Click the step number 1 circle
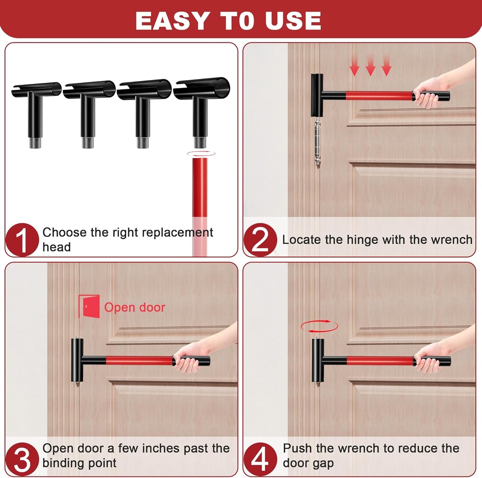pyautogui.click(x=22, y=240)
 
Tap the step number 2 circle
pyautogui.click(x=260, y=240)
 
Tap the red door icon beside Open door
pyautogui.click(x=89, y=307)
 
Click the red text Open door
pyautogui.click(x=135, y=308)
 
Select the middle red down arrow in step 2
pyautogui.click(x=370, y=69)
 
